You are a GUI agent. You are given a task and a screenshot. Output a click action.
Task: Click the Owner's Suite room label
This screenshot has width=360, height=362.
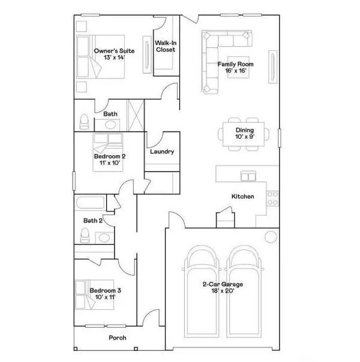point(114,51)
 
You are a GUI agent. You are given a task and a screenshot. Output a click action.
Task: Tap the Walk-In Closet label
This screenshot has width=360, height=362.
point(165,47)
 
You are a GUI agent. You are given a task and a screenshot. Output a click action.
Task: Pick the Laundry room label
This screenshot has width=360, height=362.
point(163,152)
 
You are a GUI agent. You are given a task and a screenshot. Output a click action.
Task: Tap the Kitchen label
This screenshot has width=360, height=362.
point(243,197)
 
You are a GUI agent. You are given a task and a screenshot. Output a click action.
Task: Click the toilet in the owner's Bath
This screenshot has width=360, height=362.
point(84,122)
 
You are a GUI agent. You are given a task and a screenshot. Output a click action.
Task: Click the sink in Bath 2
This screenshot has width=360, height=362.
point(104,238)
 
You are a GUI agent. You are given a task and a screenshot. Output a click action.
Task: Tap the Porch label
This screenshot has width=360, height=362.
point(118,338)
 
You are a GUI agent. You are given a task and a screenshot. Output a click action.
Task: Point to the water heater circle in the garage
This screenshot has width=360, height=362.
point(270,236)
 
